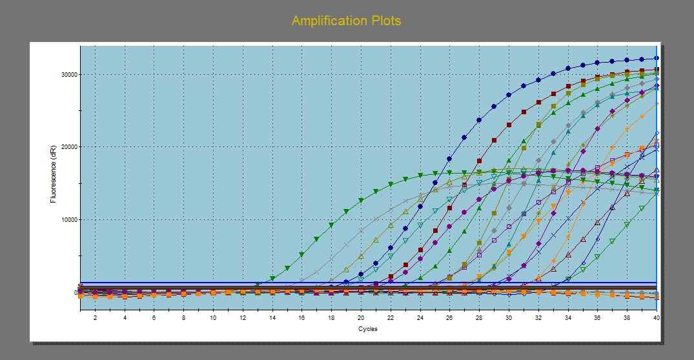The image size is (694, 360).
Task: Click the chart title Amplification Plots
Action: [346, 21]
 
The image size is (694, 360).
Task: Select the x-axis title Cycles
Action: [368, 328]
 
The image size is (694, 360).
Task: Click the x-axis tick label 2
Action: [95, 318]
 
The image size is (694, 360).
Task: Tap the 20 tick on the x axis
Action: [361, 318]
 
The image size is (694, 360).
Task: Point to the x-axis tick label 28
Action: [479, 318]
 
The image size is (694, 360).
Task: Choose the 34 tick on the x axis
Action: [567, 318]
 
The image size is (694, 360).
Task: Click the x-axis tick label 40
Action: [656, 318]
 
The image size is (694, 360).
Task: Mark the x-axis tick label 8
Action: [183, 318]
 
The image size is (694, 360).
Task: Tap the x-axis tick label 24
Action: [420, 318]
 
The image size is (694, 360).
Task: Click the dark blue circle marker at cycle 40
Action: [656, 58]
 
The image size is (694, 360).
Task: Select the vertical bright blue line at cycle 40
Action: [657, 194]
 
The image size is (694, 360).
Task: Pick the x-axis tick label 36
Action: [597, 318]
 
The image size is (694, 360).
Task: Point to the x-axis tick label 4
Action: [125, 318]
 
